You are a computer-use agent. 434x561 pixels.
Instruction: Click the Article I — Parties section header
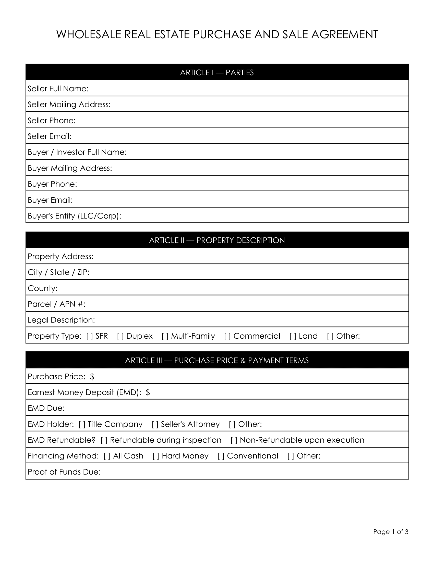217,73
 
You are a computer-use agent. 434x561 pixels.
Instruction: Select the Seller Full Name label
58,89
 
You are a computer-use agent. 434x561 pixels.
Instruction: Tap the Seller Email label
49,136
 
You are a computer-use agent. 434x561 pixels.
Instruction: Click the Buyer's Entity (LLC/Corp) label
74,216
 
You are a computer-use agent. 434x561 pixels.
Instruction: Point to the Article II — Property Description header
217,240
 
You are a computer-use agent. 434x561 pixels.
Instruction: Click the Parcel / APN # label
56,304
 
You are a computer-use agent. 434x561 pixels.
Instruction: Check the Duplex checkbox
120,336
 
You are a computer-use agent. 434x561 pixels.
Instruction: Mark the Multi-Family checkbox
165,336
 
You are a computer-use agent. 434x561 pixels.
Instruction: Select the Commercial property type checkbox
227,336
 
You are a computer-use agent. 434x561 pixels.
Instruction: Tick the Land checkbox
293,336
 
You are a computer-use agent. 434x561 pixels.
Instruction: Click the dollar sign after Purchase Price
92,376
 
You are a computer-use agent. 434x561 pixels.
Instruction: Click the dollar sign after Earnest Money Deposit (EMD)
148,392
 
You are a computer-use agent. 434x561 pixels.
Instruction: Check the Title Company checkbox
82,424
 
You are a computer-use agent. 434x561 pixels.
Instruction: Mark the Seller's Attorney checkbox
155,424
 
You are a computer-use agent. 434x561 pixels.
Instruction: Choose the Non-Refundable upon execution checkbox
234,440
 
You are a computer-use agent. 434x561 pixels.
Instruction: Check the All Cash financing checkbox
107,456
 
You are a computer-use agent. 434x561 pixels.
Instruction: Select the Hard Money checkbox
156,456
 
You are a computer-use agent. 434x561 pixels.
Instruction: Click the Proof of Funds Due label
64,472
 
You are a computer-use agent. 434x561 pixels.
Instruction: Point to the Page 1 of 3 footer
391,532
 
